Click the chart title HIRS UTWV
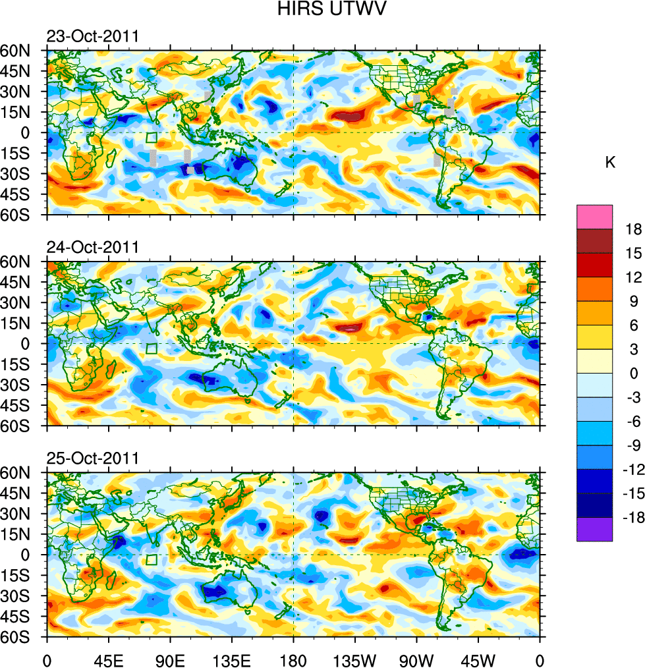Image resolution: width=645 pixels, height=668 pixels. point(322,9)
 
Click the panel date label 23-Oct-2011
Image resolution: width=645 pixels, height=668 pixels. point(92,36)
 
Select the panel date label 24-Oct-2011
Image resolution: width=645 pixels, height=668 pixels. point(92,247)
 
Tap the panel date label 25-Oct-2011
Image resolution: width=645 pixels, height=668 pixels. point(92,458)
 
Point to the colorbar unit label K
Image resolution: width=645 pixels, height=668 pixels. point(610,163)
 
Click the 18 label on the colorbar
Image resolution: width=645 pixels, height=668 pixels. point(625,229)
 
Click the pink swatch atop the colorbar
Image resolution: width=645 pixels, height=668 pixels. point(594,217)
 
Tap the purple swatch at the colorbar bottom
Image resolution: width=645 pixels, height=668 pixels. point(594,530)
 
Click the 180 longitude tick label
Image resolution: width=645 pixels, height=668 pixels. point(293,659)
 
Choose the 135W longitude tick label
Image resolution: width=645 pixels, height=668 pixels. point(355,659)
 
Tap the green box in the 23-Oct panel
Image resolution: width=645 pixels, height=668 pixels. point(152,138)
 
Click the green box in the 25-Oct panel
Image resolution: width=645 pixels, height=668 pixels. point(152,559)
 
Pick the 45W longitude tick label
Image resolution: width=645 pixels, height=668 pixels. point(478,659)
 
